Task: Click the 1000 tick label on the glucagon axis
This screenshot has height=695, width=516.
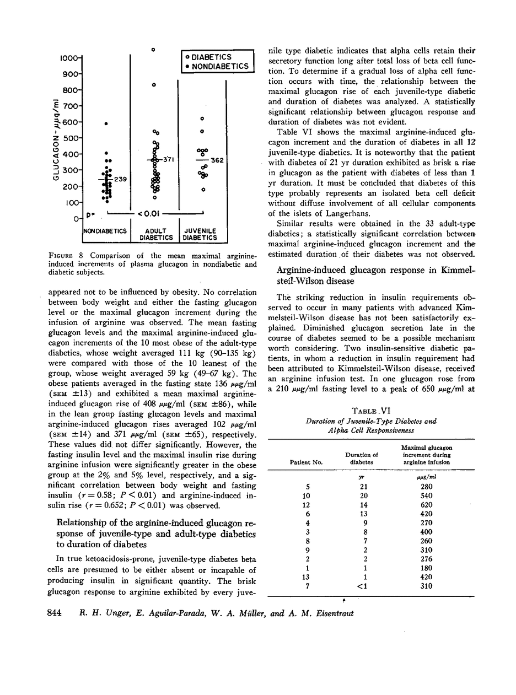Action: [71, 57]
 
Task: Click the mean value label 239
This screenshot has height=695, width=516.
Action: [120, 179]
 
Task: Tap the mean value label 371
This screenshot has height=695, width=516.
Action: [168, 159]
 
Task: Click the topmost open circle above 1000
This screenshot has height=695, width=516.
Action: [154, 50]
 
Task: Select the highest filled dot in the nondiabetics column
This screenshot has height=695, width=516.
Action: [106, 123]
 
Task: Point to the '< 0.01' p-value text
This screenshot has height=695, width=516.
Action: [149, 213]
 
